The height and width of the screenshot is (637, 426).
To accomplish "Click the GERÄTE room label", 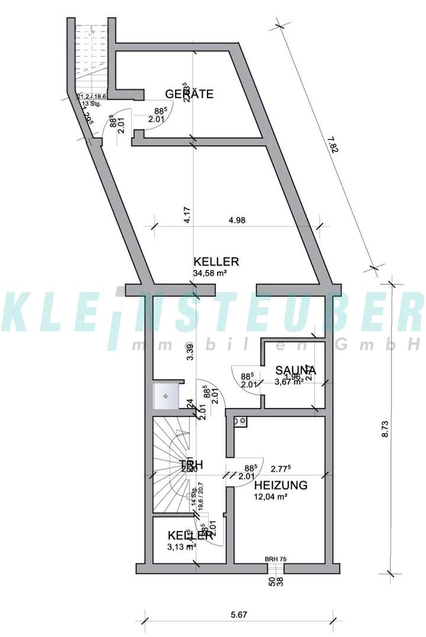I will (x=189, y=94).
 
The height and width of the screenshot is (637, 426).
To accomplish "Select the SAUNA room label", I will (x=295, y=370).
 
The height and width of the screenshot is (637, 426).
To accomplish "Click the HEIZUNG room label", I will (x=280, y=485).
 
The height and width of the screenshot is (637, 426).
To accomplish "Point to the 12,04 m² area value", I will (x=270, y=497).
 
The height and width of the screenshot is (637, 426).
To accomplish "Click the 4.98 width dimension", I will (x=237, y=220).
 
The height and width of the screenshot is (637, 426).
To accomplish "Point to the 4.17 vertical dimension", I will (x=186, y=213).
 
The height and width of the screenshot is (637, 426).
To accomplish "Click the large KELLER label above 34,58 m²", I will (x=216, y=262).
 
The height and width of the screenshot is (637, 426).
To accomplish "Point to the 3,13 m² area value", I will (x=181, y=546).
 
